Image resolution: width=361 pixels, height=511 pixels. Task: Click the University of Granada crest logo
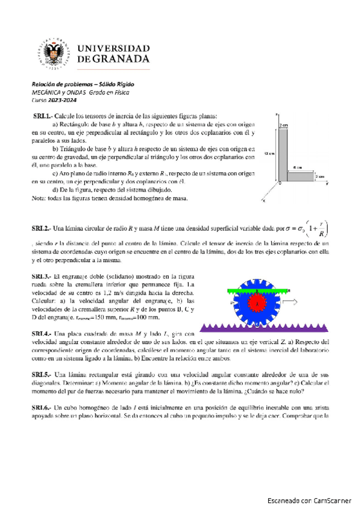(54, 52)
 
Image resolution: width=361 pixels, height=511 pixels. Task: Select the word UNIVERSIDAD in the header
(114, 47)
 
